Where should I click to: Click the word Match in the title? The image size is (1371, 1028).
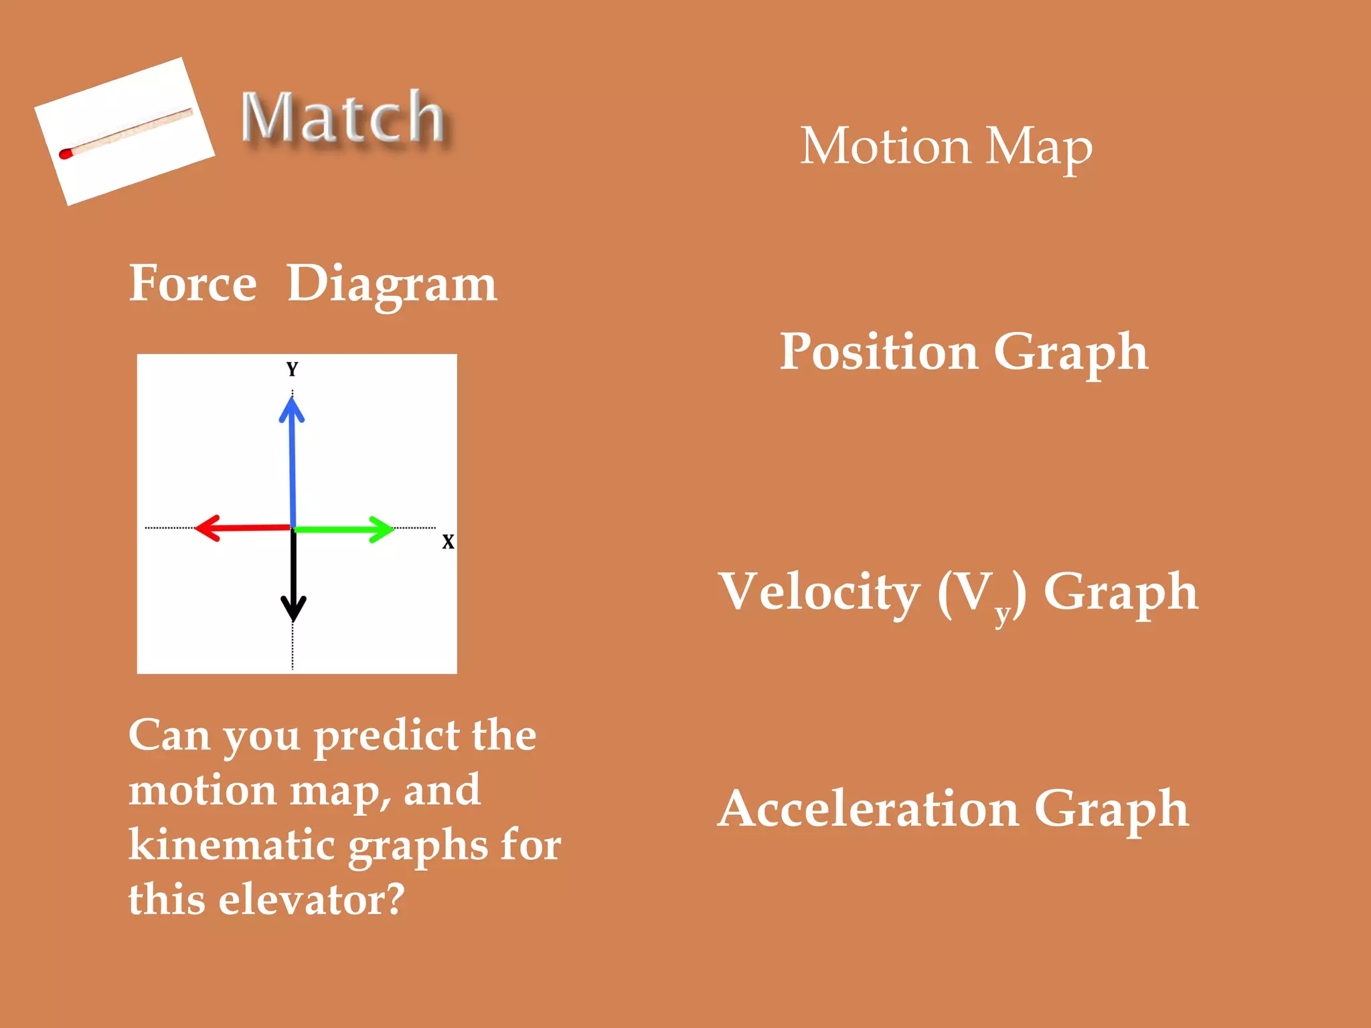click(x=342, y=118)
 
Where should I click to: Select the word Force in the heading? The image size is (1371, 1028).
click(x=193, y=284)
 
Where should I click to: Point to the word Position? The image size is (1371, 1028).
click(x=879, y=352)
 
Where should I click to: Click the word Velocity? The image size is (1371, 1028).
click(x=819, y=592)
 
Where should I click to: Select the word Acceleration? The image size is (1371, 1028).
click(x=869, y=810)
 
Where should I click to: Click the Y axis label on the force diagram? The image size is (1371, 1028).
click(x=292, y=369)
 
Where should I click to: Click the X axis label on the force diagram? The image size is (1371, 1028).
click(x=448, y=542)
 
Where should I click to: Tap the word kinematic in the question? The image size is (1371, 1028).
click(x=232, y=845)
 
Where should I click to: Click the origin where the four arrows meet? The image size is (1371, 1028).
click(x=293, y=529)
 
